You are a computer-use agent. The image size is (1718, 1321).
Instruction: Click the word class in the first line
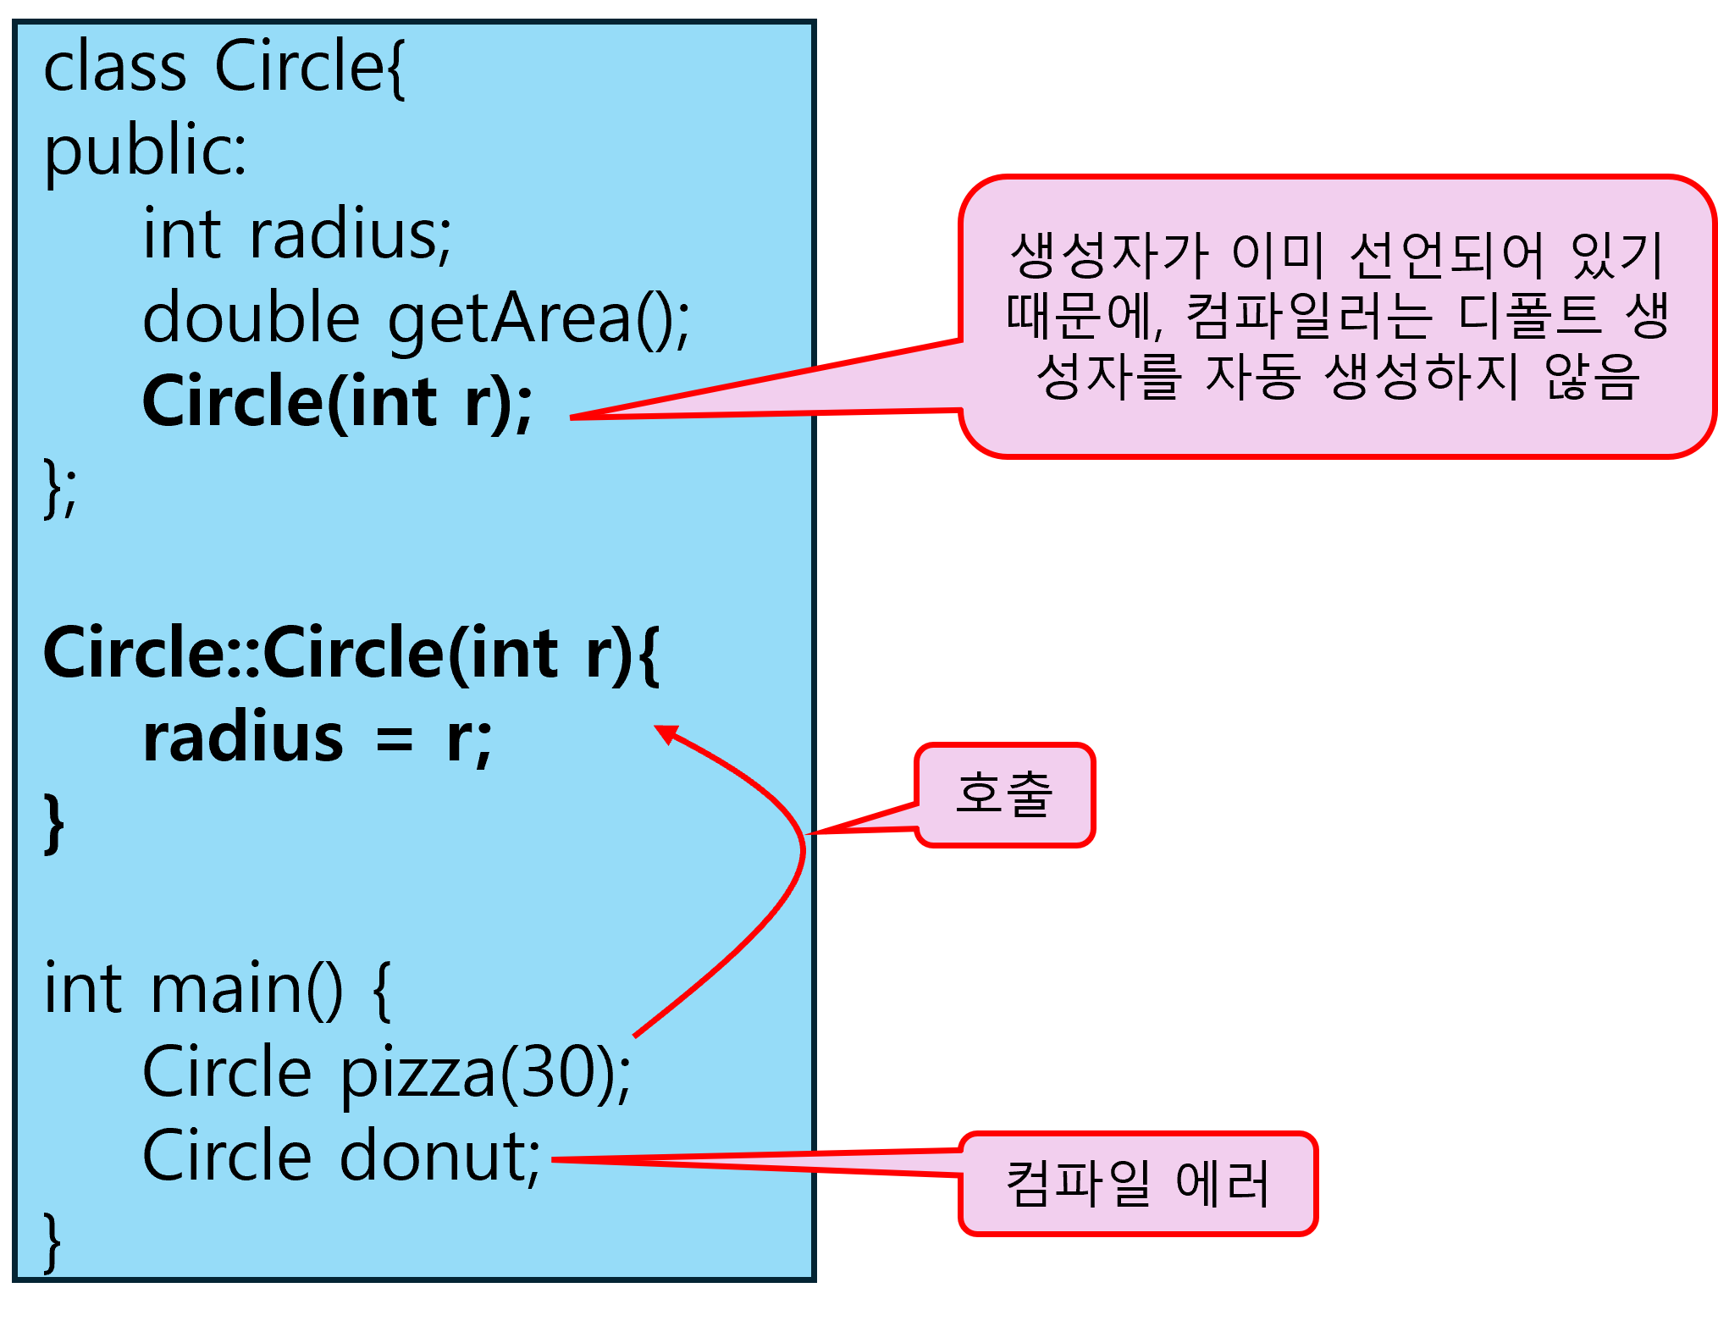(114, 68)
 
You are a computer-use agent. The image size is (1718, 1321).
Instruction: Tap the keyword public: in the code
(145, 152)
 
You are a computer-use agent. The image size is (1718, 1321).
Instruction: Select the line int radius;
(297, 235)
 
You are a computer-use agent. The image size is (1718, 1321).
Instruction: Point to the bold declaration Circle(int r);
(337, 402)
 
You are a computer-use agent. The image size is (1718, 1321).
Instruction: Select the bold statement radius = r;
(318, 739)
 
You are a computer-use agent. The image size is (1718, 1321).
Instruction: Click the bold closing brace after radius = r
(54, 822)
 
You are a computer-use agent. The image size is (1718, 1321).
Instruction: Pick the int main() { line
(217, 989)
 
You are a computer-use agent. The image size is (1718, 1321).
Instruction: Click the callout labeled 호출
(1004, 794)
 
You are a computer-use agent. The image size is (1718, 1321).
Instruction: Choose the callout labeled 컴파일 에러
(1138, 1183)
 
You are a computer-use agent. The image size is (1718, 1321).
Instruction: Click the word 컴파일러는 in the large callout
(1309, 315)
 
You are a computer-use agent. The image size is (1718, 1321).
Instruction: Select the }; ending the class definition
(59, 487)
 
